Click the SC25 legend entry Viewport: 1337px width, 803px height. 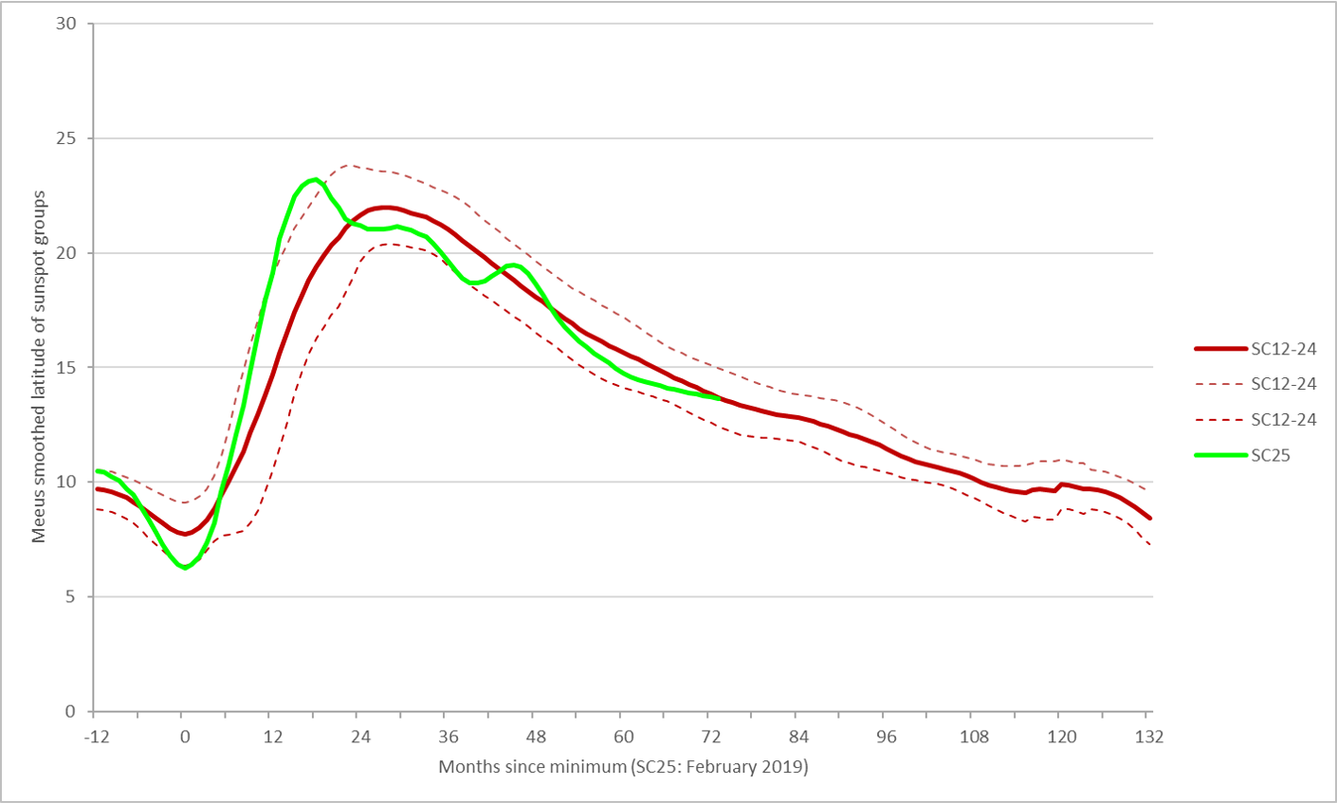tap(1270, 455)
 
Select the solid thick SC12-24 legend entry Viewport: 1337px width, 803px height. tap(1283, 349)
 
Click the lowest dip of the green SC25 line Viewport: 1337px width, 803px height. tap(186, 567)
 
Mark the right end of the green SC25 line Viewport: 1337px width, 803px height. tap(719, 398)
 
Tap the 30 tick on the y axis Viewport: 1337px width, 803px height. tap(66, 24)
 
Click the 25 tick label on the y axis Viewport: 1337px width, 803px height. tap(66, 138)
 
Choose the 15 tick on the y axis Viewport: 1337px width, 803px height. tap(66, 368)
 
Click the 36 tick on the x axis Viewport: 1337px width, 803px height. tap(449, 737)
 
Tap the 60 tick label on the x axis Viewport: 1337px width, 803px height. tap(624, 737)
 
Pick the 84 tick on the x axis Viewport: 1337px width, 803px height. tap(799, 737)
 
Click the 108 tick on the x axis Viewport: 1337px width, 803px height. tap(974, 737)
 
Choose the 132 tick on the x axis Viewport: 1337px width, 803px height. tap(1149, 737)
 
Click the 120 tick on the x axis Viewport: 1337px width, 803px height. tap(1062, 737)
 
